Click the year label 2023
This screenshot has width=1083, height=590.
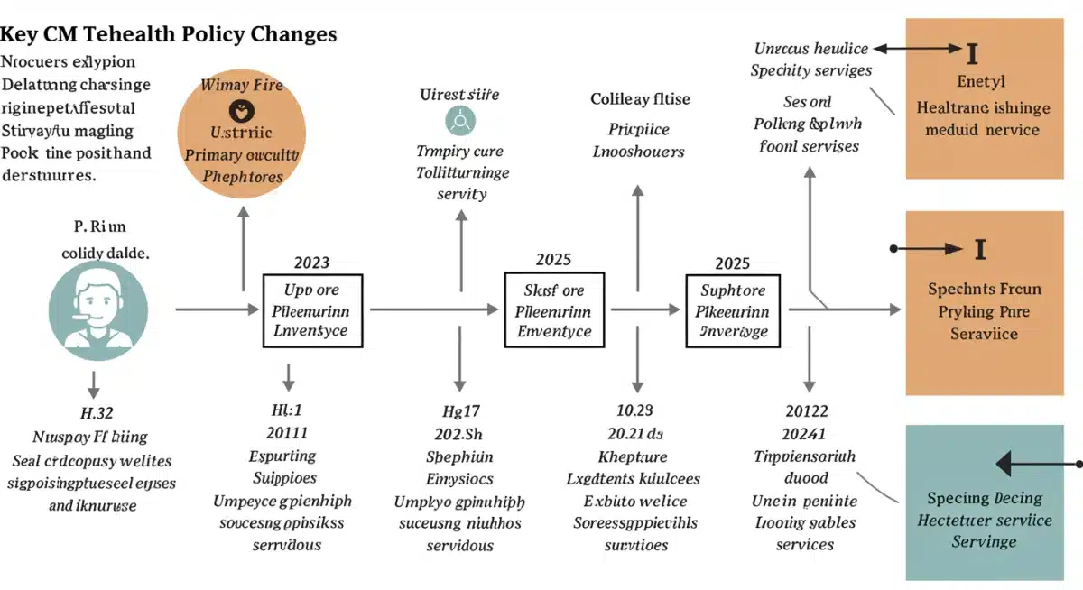point(311,263)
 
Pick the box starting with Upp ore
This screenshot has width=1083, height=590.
point(311,311)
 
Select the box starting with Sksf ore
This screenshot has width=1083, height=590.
point(553,311)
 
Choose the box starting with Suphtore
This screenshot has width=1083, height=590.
point(736,311)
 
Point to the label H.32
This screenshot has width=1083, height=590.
point(97,414)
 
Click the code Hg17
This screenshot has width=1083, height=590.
point(459,410)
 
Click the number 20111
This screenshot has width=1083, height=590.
point(287,432)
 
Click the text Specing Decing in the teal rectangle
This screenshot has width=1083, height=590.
point(985,498)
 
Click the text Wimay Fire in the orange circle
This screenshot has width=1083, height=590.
point(242,86)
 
